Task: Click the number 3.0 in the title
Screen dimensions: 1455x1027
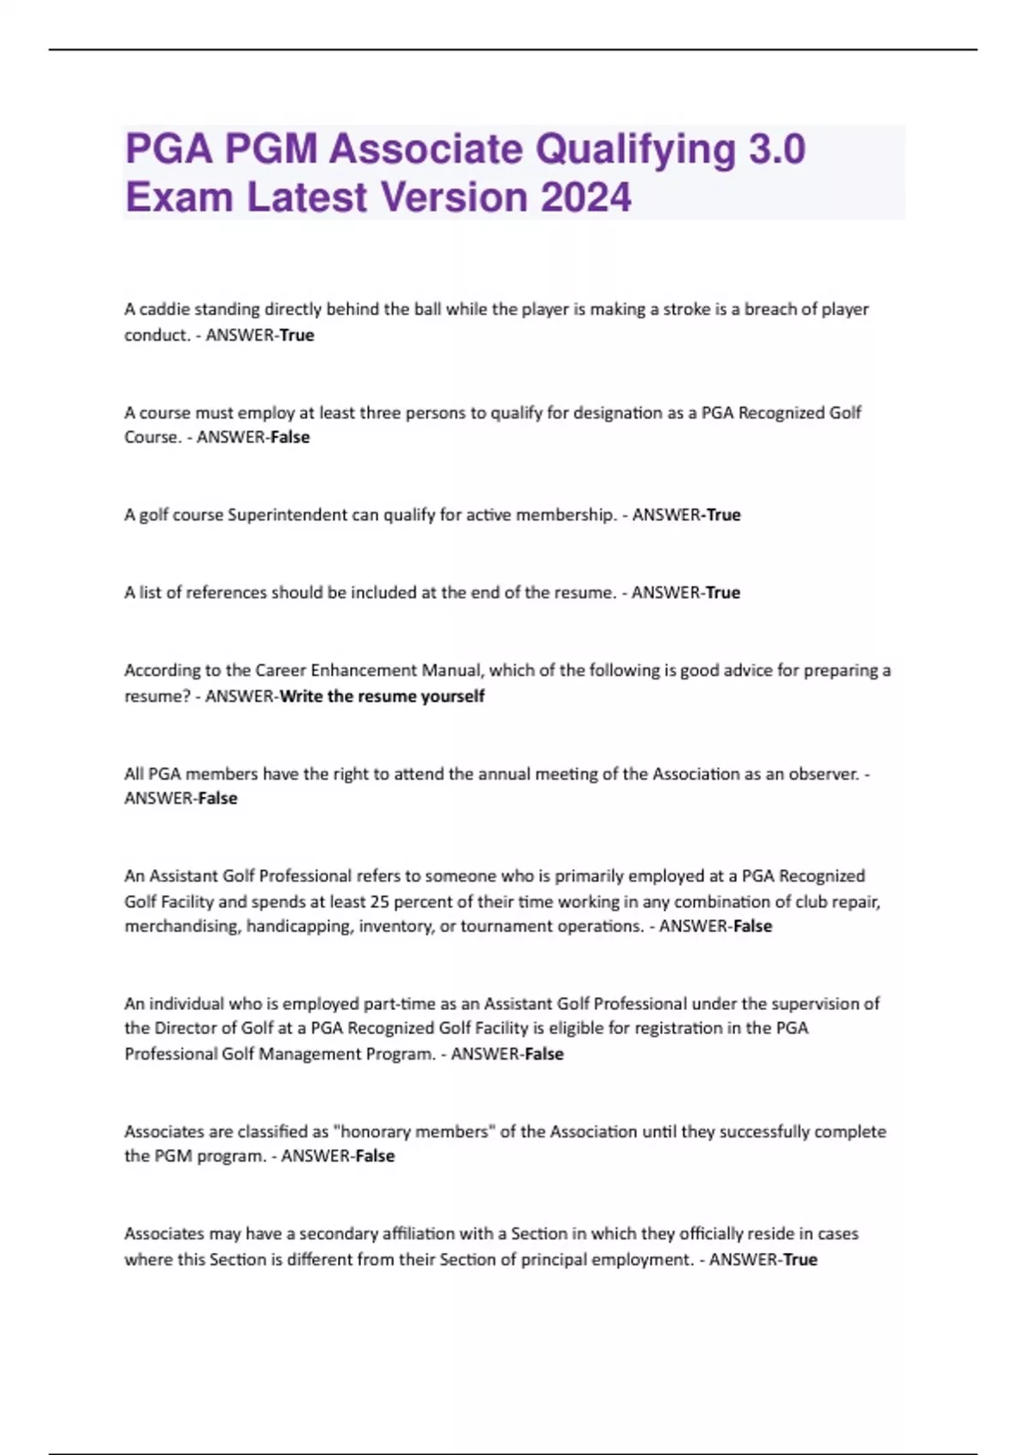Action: tap(776, 149)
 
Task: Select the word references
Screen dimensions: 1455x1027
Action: tap(226, 592)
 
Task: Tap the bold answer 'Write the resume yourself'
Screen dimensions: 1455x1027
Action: tap(382, 696)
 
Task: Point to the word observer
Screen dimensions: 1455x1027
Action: tap(823, 774)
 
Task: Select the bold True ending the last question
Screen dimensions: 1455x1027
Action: tap(800, 1259)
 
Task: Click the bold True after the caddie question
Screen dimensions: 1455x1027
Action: tap(297, 336)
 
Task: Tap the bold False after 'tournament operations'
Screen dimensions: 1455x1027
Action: tap(752, 926)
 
